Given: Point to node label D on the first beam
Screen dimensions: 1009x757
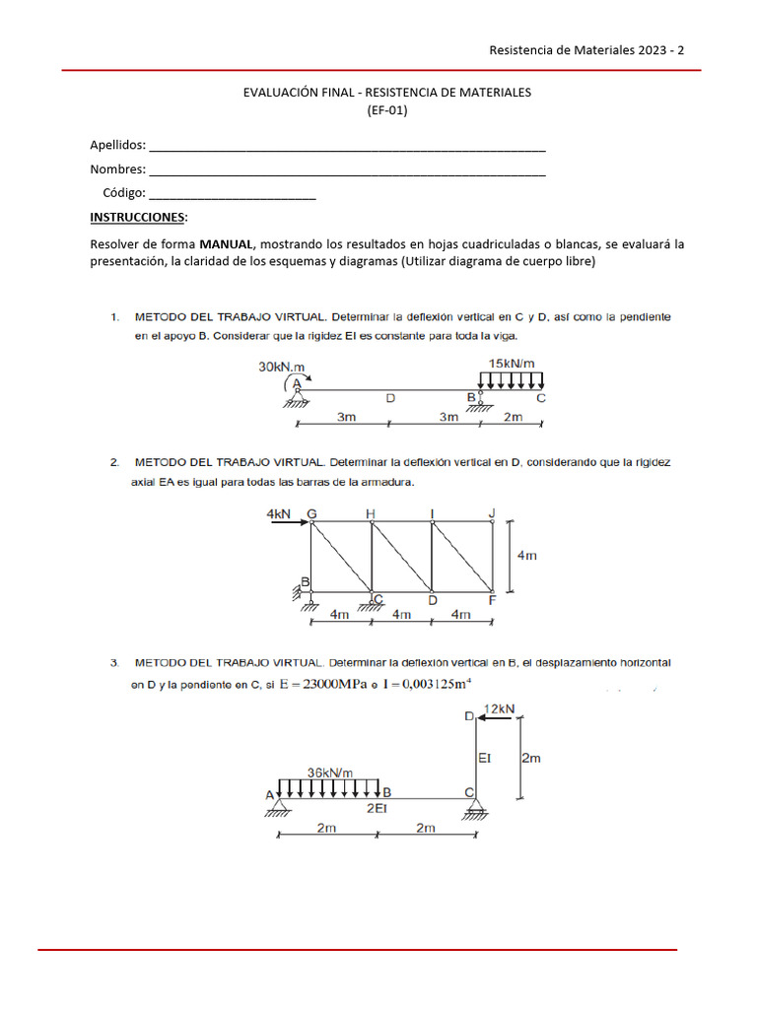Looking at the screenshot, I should (x=390, y=399).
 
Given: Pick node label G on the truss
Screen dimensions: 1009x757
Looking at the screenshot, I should (x=312, y=513).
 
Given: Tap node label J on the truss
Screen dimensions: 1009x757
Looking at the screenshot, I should (x=492, y=511).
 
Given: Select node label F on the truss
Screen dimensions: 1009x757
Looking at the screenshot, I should (x=492, y=599).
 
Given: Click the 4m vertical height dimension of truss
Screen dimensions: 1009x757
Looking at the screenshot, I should (x=527, y=555).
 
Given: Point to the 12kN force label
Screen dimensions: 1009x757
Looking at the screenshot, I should (x=501, y=708).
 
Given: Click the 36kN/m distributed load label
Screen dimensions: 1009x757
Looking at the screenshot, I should (x=329, y=772).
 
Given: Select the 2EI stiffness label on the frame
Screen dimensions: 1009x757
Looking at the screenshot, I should (x=376, y=808).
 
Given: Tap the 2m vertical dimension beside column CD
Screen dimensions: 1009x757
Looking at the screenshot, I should (x=531, y=758).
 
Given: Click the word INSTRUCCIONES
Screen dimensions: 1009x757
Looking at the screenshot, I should (x=137, y=217).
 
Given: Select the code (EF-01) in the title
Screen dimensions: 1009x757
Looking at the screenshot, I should (x=386, y=110).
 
